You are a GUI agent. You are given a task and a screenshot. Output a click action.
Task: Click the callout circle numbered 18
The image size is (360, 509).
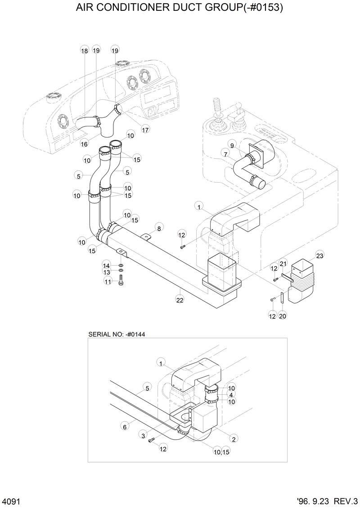click(x=85, y=51)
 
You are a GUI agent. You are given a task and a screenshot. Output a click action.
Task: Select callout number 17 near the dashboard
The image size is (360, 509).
click(x=145, y=130)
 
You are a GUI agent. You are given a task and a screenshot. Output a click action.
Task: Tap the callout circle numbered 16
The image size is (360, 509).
click(x=84, y=144)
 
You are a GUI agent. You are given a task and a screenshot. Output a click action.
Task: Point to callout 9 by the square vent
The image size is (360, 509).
click(x=232, y=145)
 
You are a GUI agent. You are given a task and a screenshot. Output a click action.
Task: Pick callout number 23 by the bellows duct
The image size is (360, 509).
click(x=320, y=255)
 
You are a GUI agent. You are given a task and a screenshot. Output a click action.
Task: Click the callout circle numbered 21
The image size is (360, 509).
click(x=283, y=263)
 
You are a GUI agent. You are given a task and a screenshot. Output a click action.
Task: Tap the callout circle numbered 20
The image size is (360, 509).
click(x=283, y=316)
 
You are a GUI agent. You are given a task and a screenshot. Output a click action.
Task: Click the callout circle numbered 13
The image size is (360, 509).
click(x=107, y=272)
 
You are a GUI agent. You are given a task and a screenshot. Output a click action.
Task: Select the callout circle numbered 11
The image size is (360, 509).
click(x=108, y=281)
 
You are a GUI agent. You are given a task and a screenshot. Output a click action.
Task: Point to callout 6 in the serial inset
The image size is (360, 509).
click(x=125, y=427)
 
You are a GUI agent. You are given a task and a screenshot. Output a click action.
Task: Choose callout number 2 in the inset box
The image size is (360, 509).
click(x=234, y=438)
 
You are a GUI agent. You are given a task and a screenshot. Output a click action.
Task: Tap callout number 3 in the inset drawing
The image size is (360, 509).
click(x=143, y=435)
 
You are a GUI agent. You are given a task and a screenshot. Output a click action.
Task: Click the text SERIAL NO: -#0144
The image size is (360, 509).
click(x=117, y=334)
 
